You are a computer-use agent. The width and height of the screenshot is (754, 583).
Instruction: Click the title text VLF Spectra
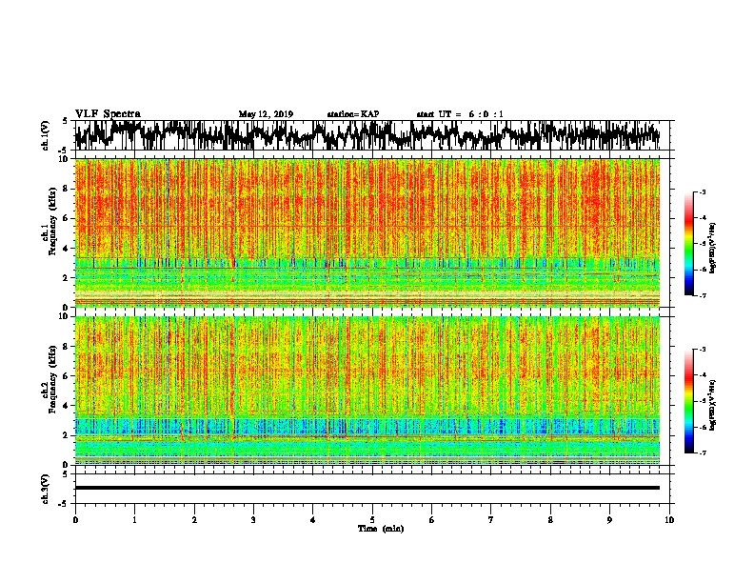(x=108, y=113)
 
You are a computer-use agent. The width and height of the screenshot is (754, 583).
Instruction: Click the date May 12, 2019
(x=266, y=114)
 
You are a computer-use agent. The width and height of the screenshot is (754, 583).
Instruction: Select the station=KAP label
(x=352, y=114)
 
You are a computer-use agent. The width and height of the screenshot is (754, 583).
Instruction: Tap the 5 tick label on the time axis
(x=372, y=519)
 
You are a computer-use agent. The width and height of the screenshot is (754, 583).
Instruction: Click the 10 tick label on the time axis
(x=669, y=519)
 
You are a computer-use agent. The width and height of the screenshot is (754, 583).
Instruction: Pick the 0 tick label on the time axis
(x=75, y=519)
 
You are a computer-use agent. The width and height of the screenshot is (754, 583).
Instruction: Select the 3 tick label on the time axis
(x=253, y=519)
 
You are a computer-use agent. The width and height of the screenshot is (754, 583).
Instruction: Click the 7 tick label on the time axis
(x=491, y=519)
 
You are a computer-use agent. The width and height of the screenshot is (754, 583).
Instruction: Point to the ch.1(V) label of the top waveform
(x=46, y=136)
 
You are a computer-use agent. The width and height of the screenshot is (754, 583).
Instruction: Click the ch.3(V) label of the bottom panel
(x=46, y=487)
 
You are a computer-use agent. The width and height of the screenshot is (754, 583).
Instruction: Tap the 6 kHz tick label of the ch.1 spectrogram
(x=64, y=218)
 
